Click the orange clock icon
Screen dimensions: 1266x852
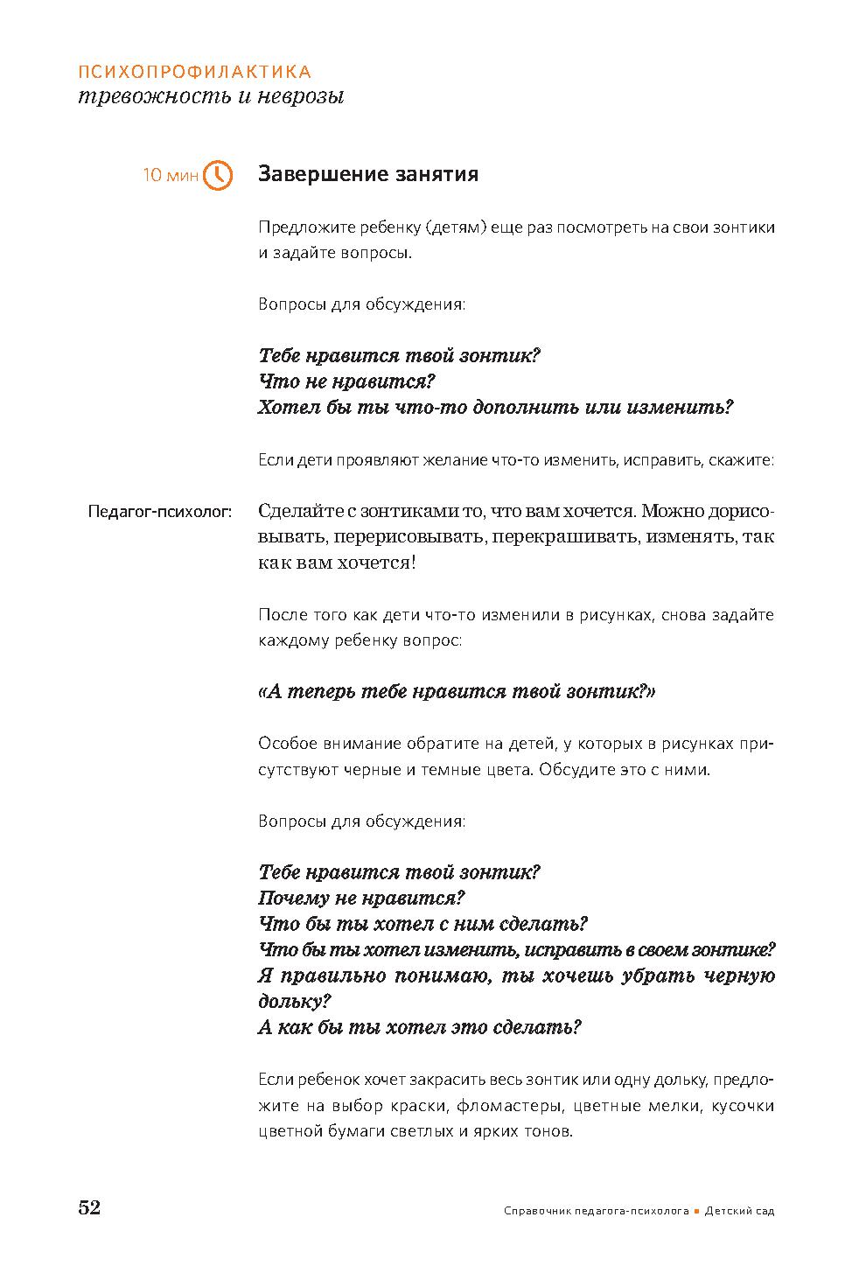point(218,175)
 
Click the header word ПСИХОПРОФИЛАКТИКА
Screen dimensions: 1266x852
point(194,72)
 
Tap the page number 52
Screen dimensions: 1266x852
point(90,1207)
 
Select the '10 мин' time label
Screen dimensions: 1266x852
point(171,176)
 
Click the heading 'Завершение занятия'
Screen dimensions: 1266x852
point(368,174)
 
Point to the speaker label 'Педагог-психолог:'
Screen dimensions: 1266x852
point(159,512)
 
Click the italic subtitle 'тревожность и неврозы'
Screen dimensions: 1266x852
point(211,96)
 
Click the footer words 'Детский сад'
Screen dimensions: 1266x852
point(739,1212)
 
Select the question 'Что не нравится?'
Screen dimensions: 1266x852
point(347,381)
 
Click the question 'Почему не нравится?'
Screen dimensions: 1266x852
point(361,898)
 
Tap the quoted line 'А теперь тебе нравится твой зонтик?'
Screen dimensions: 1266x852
point(457,692)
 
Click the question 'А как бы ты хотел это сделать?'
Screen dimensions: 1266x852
point(420,1027)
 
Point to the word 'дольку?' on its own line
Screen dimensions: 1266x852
point(295,1002)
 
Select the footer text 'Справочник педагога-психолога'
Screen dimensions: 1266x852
point(597,1212)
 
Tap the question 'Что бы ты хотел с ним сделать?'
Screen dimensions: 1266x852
point(423,924)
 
